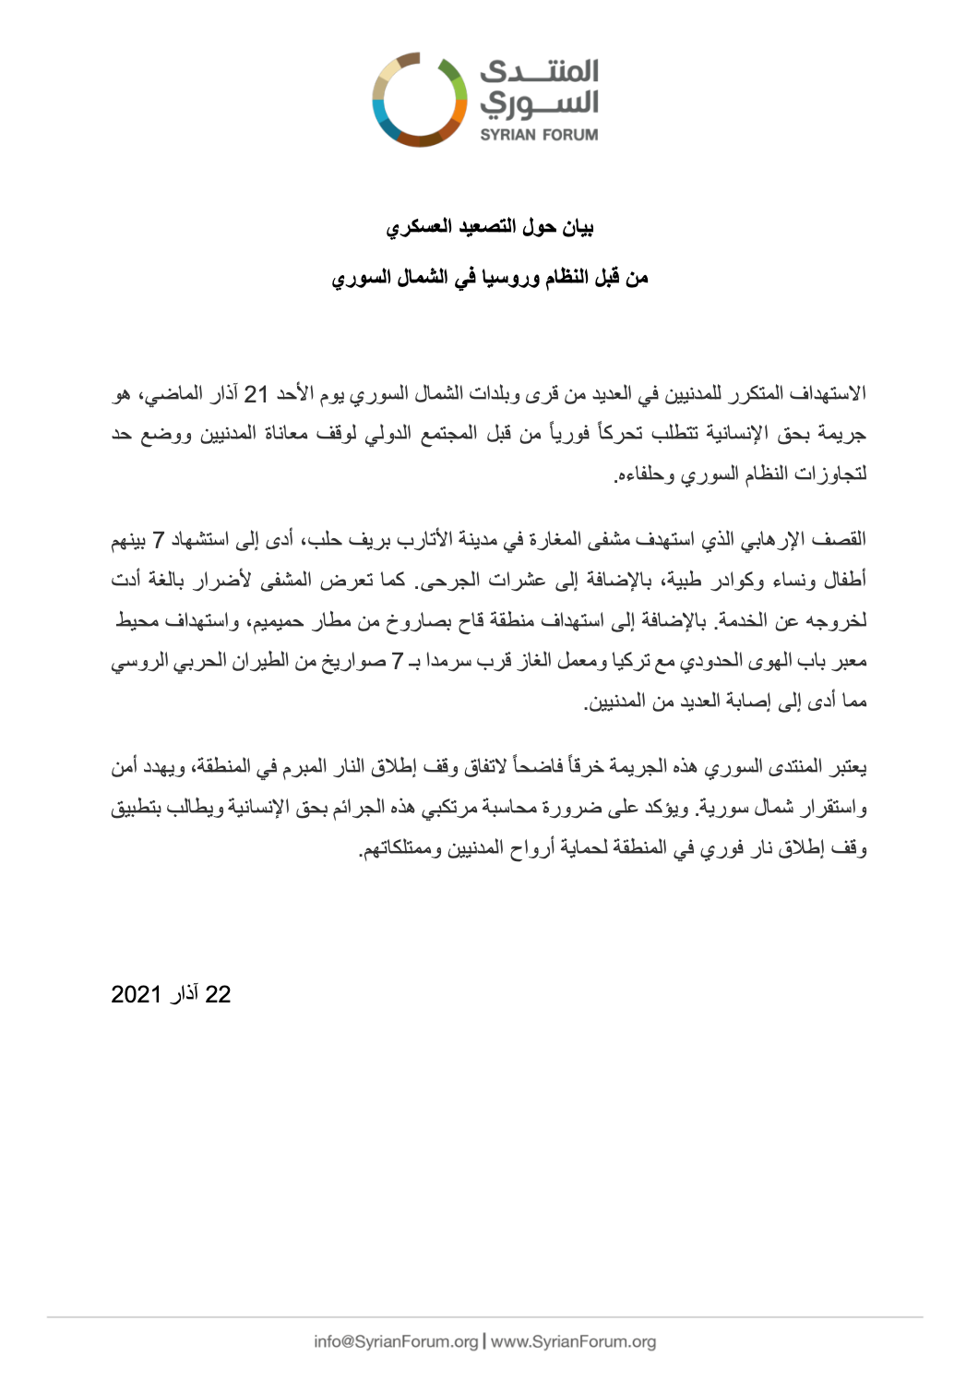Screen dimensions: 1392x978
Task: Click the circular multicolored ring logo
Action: (x=420, y=100)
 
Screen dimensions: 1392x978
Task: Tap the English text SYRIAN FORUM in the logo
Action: (x=539, y=135)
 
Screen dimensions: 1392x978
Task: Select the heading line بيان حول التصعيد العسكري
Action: (x=489, y=227)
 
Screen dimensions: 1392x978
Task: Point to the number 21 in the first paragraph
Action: (x=256, y=394)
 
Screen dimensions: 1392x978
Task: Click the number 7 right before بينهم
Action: (x=159, y=539)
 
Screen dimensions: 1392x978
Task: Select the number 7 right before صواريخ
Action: (x=397, y=661)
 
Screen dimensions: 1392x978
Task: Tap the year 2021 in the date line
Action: (x=136, y=994)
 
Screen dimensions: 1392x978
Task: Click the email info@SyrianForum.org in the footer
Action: (x=396, y=1341)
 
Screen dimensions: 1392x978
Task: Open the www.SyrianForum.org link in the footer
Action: (x=573, y=1341)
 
